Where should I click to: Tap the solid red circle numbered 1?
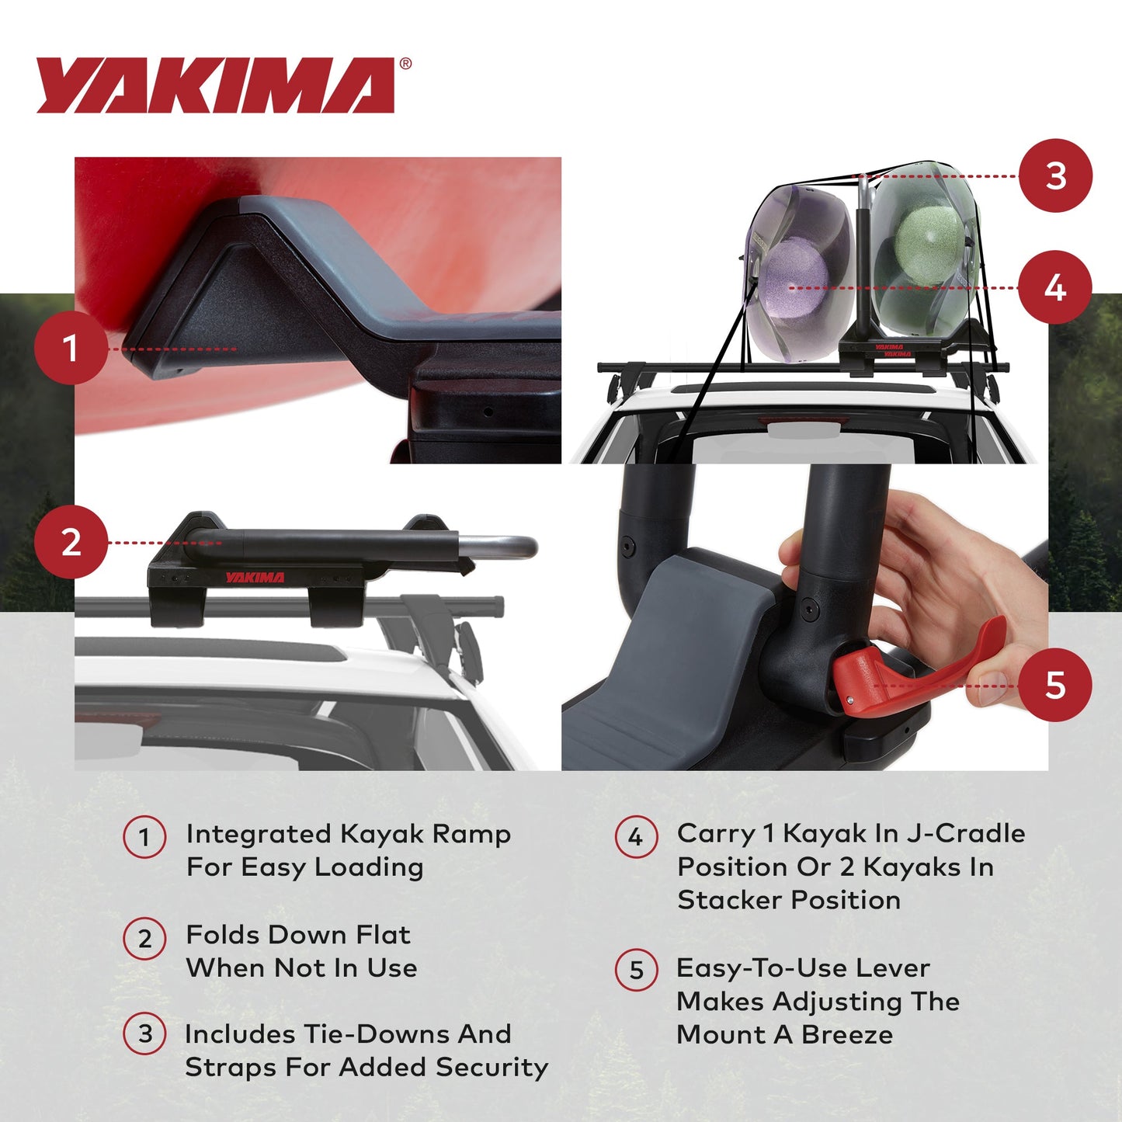[71, 348]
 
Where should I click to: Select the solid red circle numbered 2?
[71, 541]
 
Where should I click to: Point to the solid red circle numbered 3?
[1055, 175]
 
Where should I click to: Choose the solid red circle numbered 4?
[1055, 287]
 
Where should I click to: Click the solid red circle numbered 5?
[1055, 685]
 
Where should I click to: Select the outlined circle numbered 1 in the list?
[144, 837]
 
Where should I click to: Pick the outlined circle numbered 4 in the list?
[636, 837]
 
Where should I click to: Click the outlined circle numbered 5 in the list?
[636, 970]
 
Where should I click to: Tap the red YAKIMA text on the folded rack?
[255, 577]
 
